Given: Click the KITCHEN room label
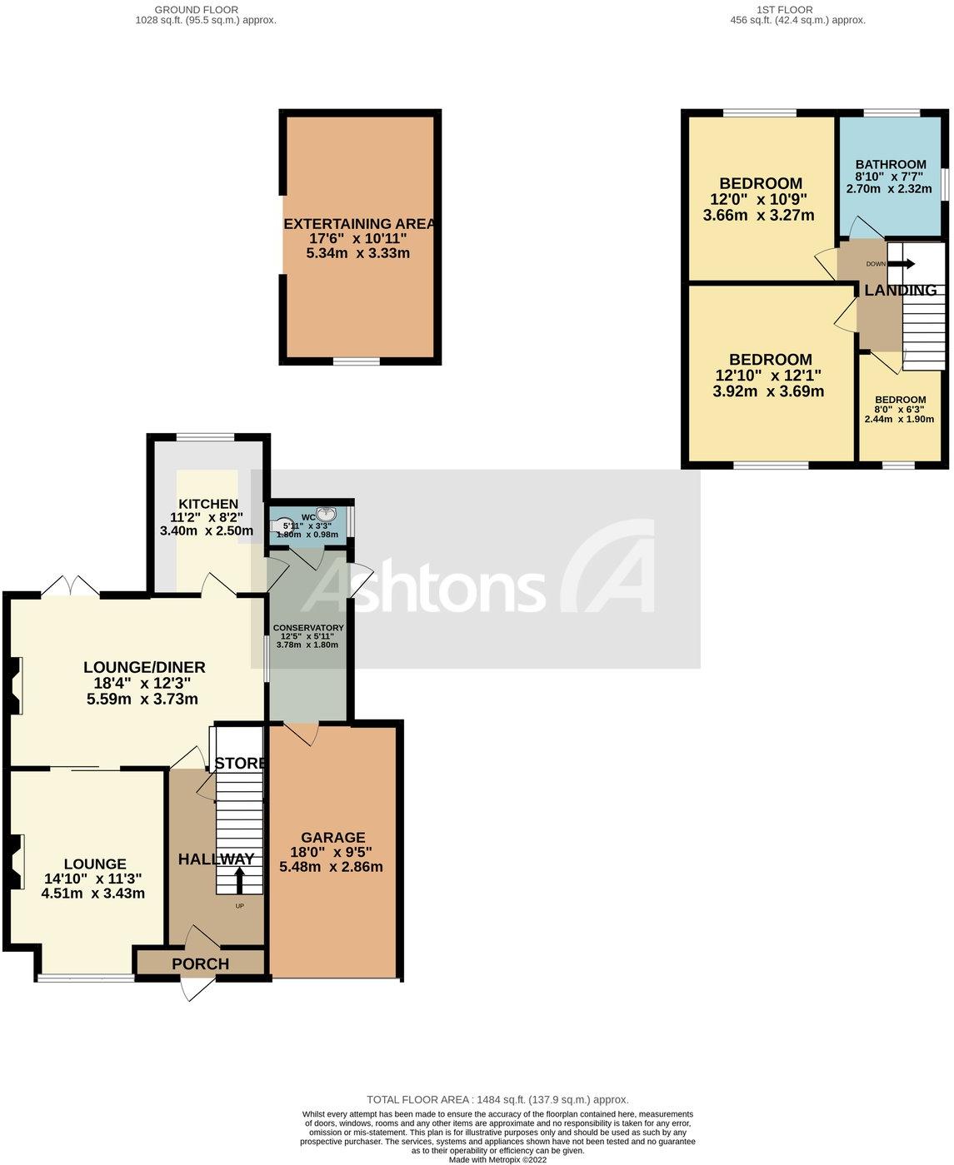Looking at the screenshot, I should [x=209, y=504].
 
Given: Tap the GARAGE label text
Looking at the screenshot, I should [x=332, y=837].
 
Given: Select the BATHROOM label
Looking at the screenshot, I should [x=891, y=164].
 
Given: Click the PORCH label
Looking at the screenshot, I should [x=200, y=963].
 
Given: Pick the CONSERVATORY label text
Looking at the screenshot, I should [x=308, y=627].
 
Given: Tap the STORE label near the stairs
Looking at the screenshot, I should [x=241, y=764].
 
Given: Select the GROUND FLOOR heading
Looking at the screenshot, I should [x=197, y=10].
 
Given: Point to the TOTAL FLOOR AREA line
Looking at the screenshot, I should [x=498, y=1099].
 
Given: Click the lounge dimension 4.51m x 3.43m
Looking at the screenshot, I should [x=92, y=894].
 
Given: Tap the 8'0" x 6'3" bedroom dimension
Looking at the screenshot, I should [x=900, y=409].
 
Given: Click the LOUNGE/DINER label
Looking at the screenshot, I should [x=144, y=667].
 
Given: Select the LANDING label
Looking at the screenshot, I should [x=900, y=291].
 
